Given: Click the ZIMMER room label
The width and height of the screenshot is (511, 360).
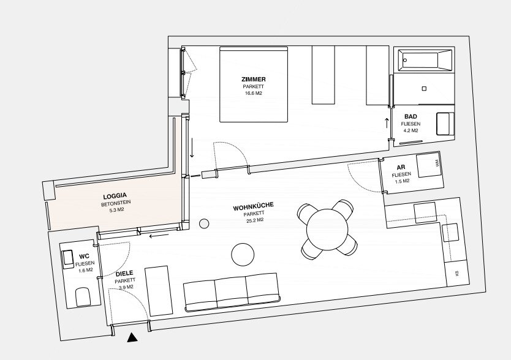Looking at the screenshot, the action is [254, 79].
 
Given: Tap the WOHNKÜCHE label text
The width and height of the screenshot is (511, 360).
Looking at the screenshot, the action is [254, 207].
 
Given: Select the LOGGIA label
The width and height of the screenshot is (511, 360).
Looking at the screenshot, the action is [115, 196].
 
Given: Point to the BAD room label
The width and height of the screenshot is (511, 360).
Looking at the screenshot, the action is [411, 116].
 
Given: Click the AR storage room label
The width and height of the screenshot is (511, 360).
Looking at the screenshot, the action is [401, 168].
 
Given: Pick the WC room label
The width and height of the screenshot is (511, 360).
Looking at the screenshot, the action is [84, 257].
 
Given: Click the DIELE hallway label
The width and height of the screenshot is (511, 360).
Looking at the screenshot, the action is [124, 274].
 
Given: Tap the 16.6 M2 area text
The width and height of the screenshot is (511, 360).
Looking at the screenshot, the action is [254, 93].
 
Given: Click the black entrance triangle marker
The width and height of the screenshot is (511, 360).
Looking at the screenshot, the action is [132, 338].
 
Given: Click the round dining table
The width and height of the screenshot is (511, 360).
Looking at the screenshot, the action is [328, 230].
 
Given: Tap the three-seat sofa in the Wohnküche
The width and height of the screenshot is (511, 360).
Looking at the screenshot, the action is [232, 292].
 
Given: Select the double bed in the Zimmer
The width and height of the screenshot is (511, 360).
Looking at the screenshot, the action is [254, 84].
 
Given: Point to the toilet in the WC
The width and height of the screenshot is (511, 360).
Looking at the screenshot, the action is [83, 296].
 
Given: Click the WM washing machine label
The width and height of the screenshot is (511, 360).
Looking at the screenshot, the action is [437, 163].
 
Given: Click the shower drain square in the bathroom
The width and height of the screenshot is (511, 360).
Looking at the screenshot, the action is [424, 88].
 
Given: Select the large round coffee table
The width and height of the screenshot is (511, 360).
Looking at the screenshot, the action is [243, 255].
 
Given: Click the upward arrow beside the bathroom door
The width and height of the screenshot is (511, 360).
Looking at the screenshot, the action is [387, 123].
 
